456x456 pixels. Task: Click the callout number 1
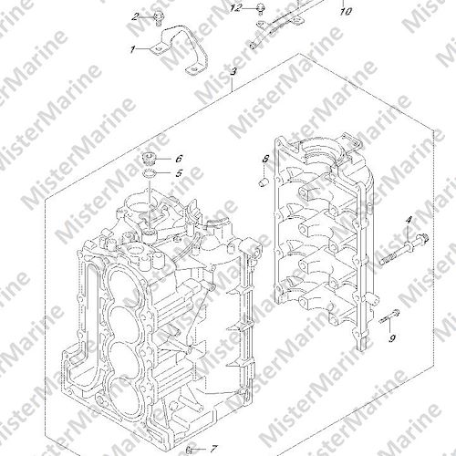click(x=132, y=49)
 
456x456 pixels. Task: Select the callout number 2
click(x=136, y=16)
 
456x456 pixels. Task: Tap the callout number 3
click(x=233, y=72)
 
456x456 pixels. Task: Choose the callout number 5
click(x=179, y=173)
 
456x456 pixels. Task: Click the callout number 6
click(x=179, y=159)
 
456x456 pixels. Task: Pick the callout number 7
click(x=214, y=449)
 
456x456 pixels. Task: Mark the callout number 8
click(x=265, y=159)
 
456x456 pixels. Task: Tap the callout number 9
click(x=392, y=338)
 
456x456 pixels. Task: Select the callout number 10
click(x=346, y=12)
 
